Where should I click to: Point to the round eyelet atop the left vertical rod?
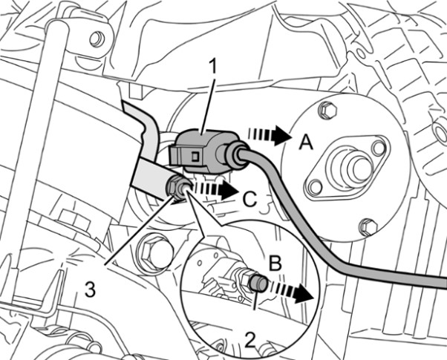point(96,38)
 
